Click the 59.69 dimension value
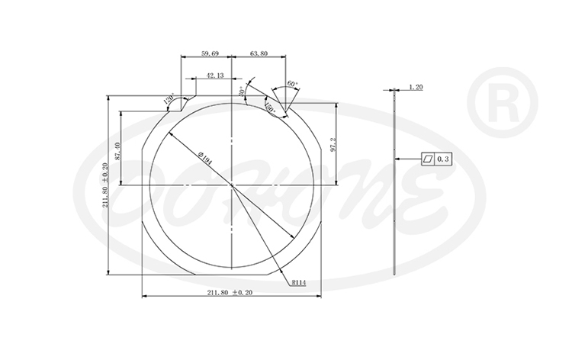pos(210,53)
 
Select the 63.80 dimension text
pos(259,53)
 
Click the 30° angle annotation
pos(242,92)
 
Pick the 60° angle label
pos(291,85)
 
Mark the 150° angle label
pos(270,107)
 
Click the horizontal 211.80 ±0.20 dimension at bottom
pos(230,293)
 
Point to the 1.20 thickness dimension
pos(416,87)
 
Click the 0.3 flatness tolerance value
pos(446,159)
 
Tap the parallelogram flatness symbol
pos(429,159)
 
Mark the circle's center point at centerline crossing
pos(231,185)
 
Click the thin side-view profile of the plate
pos(394,183)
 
